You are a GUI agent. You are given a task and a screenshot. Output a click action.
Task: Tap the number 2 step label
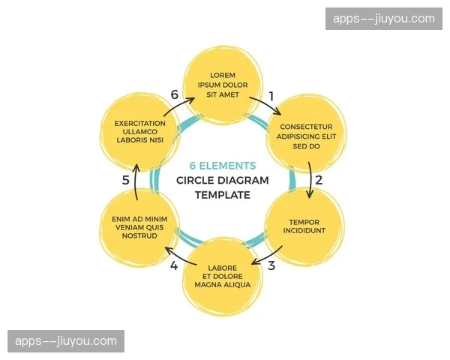click(x=319, y=180)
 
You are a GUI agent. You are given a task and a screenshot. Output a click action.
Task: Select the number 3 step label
click(x=271, y=265)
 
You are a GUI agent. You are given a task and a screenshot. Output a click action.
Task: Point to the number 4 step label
click(x=174, y=265)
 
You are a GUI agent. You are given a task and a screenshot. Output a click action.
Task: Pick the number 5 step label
click(x=126, y=180)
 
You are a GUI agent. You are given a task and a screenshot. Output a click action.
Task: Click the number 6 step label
click(x=175, y=95)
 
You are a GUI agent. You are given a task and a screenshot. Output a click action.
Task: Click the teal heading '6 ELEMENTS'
click(x=223, y=166)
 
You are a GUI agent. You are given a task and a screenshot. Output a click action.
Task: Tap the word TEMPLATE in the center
click(x=223, y=195)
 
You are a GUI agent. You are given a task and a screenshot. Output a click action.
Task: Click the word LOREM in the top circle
click(x=223, y=76)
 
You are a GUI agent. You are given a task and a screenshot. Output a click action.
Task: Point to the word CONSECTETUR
click(x=306, y=127)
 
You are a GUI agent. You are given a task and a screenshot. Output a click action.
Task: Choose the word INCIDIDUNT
click(x=304, y=230)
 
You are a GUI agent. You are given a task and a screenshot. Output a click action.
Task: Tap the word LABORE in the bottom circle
click(x=222, y=268)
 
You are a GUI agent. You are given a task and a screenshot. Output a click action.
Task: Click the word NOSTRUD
click(x=139, y=235)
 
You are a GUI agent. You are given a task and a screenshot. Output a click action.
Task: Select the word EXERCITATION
click(x=140, y=123)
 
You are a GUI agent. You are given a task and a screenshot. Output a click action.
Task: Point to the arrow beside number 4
click(x=178, y=253)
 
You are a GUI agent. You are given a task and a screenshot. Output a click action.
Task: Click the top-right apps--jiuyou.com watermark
click(x=384, y=19)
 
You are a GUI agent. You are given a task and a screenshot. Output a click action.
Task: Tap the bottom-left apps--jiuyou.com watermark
click(x=66, y=341)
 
